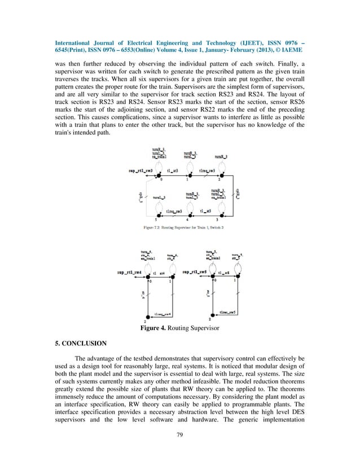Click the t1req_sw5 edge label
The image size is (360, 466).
231,311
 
